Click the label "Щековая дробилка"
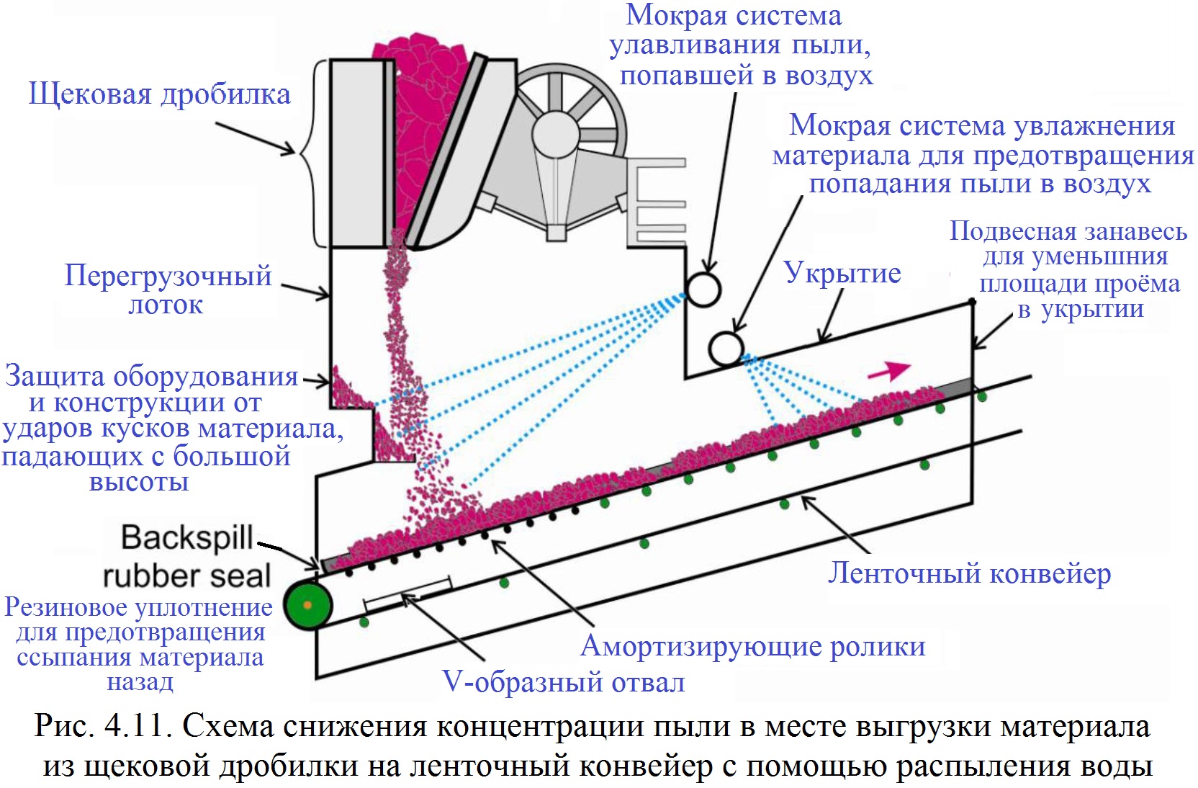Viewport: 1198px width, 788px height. (159, 94)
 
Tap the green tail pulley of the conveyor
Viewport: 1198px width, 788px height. (307, 605)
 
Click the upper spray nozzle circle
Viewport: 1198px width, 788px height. (703, 289)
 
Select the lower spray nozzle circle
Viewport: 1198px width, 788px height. (726, 348)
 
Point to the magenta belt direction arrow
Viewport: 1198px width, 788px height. (890, 370)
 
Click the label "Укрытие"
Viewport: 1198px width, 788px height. (842, 273)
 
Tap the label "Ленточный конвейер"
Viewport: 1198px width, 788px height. (969, 573)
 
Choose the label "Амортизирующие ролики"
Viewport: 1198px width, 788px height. (752, 646)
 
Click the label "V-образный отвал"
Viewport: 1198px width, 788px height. (564, 681)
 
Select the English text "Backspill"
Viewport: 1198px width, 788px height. (187, 537)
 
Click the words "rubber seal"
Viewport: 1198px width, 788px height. (186, 576)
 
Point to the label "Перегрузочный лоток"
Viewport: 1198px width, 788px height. (168, 290)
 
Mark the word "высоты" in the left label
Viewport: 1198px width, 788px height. (139, 481)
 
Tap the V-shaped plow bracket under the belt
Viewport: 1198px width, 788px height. (407, 594)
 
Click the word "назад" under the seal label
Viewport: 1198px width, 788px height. (140, 681)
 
